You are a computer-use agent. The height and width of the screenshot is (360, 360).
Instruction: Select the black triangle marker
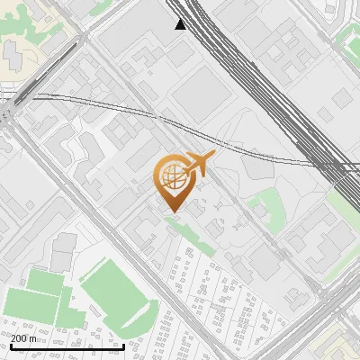point(180,24)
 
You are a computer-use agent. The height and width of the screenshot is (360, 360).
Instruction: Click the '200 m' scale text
point(24,338)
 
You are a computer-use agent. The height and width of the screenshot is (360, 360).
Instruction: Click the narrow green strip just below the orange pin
point(184,228)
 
